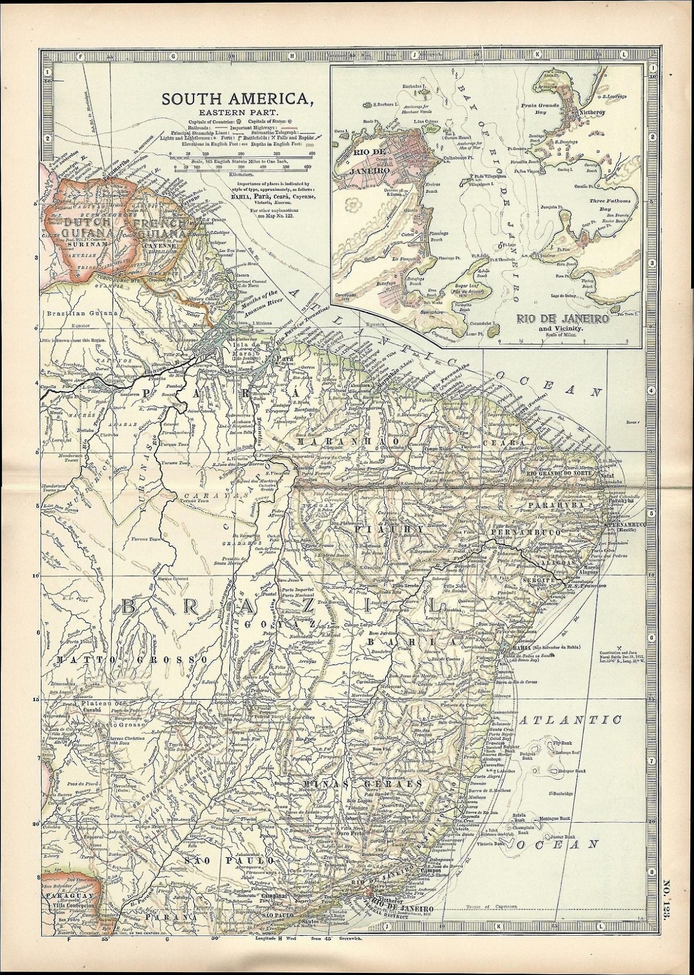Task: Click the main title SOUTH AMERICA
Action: click(238, 99)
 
